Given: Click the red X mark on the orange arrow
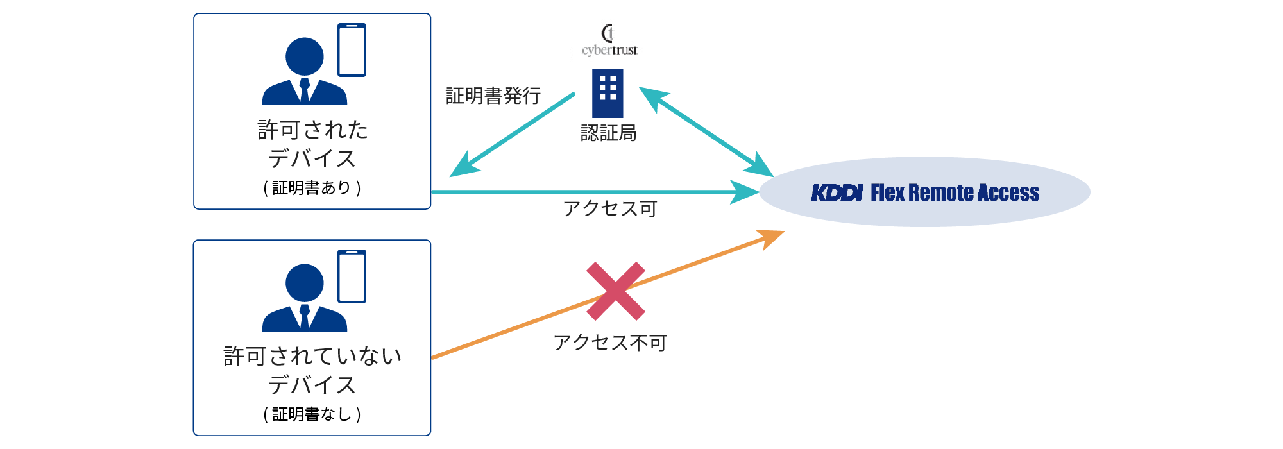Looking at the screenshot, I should point(615,291).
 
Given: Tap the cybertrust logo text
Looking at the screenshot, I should point(609,50).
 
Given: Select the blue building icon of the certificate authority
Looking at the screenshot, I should point(608,93).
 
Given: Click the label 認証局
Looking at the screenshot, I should point(608,133).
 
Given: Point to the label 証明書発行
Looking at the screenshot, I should point(493,96).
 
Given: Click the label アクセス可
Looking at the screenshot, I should point(610,208).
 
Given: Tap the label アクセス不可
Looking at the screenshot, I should point(610,343).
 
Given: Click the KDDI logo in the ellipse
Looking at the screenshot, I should point(837,192).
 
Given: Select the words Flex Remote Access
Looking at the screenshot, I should point(955,192).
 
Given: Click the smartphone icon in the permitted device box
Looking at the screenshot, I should point(352,50).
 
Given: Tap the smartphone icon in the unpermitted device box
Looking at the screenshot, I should point(352,276).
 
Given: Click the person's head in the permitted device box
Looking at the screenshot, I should point(304,56).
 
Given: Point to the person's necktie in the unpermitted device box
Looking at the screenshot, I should point(305,317).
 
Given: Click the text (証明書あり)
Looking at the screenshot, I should point(312,188).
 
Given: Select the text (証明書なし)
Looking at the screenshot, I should point(312,414).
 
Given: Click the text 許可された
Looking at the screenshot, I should point(312,130).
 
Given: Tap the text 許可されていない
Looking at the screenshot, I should point(312,356).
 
